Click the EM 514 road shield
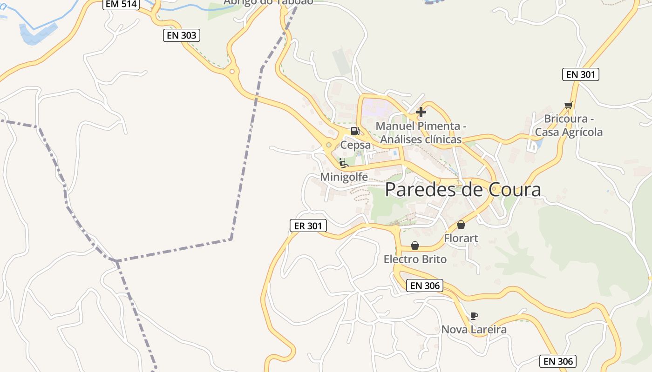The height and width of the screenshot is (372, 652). (x=121, y=4)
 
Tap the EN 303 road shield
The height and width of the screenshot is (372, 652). (x=182, y=35)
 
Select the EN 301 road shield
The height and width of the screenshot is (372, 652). (x=580, y=74)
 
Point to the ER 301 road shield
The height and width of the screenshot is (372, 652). (x=308, y=226)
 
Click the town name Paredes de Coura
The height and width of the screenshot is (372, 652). (x=463, y=190)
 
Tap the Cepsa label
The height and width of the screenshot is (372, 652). (x=355, y=145)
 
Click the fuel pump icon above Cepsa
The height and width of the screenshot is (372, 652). (x=355, y=131)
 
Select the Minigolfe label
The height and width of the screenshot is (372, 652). (x=344, y=177)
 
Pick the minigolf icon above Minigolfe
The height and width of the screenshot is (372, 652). (x=344, y=163)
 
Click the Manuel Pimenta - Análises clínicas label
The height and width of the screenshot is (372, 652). (x=421, y=133)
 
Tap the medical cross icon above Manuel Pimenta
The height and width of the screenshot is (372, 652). (x=421, y=112)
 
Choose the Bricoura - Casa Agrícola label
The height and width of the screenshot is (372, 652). (x=568, y=126)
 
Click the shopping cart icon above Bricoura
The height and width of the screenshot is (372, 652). (x=568, y=105)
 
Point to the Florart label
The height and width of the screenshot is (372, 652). (x=461, y=239)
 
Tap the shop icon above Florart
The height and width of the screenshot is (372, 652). (x=461, y=225)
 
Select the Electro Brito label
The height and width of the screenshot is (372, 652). (x=415, y=259)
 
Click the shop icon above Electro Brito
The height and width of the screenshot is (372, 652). (x=415, y=246)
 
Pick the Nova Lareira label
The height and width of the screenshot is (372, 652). (x=474, y=330)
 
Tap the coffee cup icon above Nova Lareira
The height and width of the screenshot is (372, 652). (x=474, y=316)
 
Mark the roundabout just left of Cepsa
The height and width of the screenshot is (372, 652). (x=329, y=145)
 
